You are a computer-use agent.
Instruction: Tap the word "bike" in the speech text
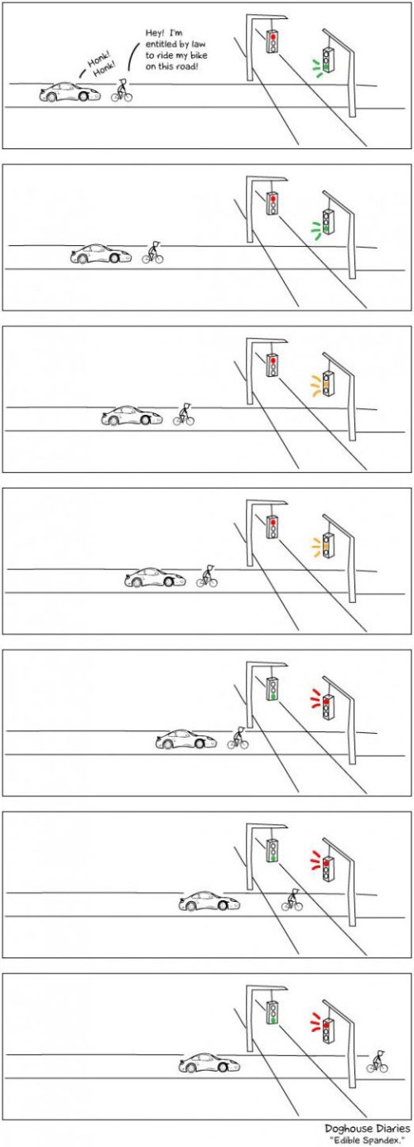click(199, 55)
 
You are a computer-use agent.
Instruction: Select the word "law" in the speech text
click(198, 44)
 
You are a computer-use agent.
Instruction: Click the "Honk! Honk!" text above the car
click(101, 66)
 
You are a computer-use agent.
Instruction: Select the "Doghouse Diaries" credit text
click(368, 1128)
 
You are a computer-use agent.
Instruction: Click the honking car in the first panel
click(70, 92)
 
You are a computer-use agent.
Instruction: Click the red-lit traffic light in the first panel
click(272, 41)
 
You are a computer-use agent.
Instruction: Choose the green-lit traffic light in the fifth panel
click(272, 689)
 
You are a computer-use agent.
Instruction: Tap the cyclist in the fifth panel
click(238, 738)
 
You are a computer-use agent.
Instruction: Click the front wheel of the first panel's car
click(84, 96)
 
